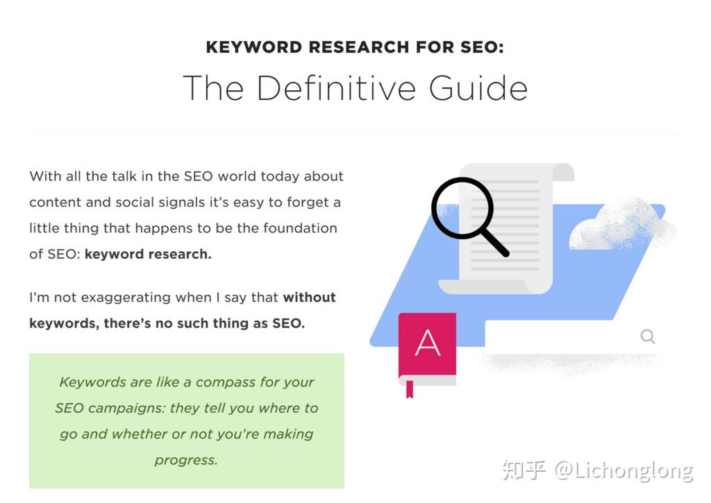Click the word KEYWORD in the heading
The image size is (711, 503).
254,47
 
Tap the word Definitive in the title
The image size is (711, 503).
336,88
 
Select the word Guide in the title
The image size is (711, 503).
478,88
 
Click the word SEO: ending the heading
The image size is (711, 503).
482,47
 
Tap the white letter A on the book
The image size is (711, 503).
428,343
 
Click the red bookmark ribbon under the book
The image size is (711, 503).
410,390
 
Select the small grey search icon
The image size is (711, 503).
648,336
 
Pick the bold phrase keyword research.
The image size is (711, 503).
148,254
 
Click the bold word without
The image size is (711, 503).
309,297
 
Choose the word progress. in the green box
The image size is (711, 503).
186,461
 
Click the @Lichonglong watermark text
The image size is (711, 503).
624,471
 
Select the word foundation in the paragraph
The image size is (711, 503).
300,228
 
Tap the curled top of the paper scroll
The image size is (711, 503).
562,171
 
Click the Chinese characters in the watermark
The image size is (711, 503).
524,470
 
